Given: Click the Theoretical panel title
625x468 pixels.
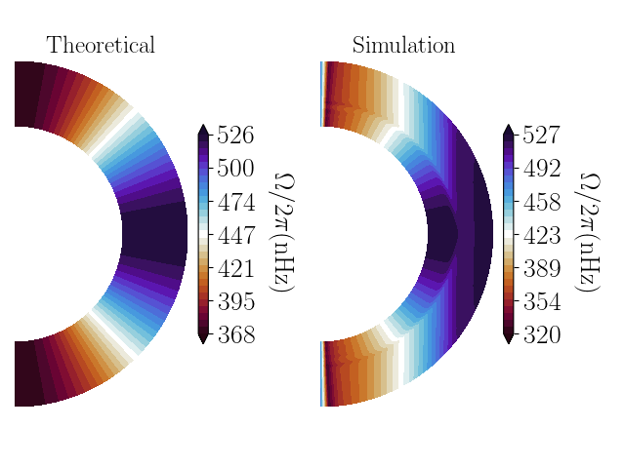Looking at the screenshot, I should tap(101, 46).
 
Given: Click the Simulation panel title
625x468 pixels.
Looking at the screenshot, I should tap(403, 46).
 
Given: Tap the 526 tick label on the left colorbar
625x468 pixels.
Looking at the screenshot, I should tap(235, 136).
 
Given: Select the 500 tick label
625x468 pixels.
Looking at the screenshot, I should tap(235, 169).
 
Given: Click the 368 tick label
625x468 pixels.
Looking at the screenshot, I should tap(235, 335).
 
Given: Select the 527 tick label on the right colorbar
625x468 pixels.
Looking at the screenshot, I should tap(541, 136).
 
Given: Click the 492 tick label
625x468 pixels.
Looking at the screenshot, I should tap(541, 169).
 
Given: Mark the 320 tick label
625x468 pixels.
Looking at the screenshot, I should tap(541, 335).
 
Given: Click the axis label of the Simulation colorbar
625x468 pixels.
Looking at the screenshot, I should tap(589, 234).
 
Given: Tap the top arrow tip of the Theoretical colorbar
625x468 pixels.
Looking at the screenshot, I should tap(202, 127).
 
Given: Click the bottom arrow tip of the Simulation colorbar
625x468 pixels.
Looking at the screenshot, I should tap(509, 341).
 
